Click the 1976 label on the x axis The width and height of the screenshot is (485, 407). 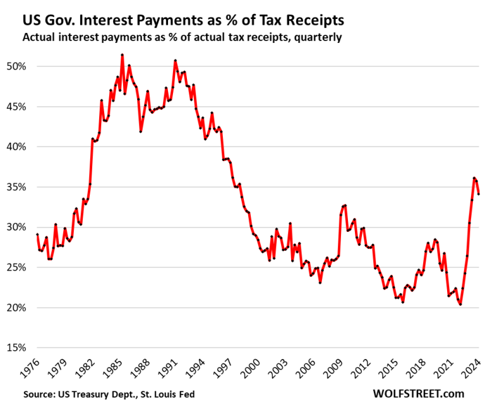[x=29, y=369]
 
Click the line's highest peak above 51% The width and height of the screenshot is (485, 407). [x=122, y=55]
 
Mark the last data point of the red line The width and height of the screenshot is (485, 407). [x=479, y=194]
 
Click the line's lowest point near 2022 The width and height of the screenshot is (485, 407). [x=460, y=305]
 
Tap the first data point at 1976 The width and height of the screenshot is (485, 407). [x=37, y=234]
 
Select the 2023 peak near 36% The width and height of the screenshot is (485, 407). [x=474, y=178]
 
